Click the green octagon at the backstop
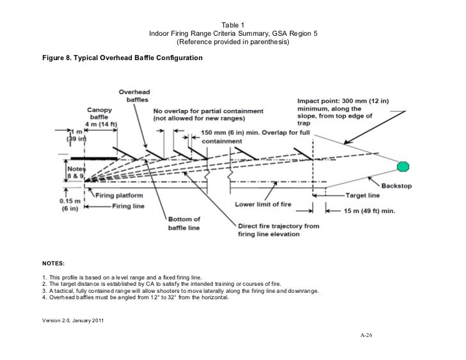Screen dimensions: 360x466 point(402,166)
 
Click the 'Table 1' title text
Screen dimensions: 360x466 point(233,24)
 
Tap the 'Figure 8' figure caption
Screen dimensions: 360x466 point(122,58)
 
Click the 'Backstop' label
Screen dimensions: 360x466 point(398,185)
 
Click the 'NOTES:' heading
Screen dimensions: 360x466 point(52,262)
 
